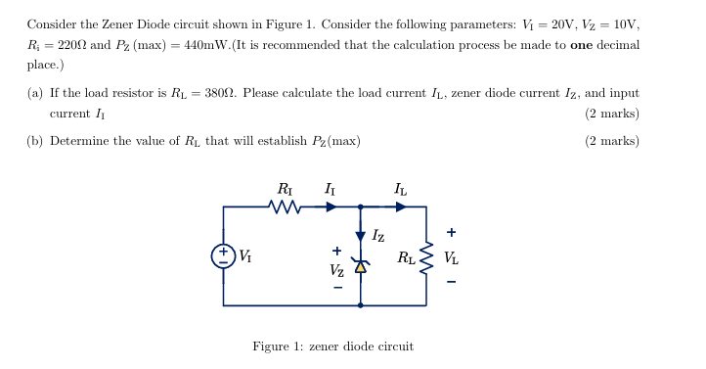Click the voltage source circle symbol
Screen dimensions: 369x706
point(223,255)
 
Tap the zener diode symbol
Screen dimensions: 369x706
point(361,265)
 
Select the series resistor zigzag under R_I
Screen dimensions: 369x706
point(284,207)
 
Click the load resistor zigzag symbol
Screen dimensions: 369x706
point(426,259)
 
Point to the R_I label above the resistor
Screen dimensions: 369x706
point(285,189)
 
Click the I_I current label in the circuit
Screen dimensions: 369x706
point(329,189)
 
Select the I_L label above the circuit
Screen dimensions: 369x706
point(400,189)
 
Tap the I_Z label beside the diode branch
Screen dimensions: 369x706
point(378,236)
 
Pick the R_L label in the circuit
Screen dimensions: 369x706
point(406,259)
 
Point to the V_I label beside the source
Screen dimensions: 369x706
point(244,256)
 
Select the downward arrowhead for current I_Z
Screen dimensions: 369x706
point(361,235)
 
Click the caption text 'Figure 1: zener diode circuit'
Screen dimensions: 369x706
point(332,346)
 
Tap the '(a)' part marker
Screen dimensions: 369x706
point(34,93)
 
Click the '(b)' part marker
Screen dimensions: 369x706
point(34,141)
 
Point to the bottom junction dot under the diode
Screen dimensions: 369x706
point(361,305)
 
